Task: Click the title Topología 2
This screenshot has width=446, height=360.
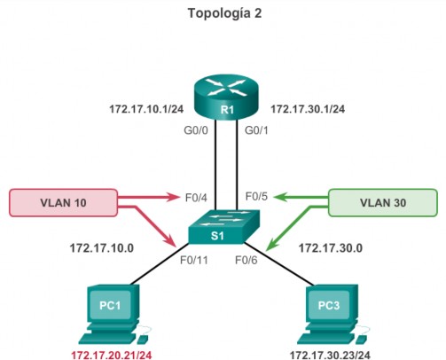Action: [x=224, y=13]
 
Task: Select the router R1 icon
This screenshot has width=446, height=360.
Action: [x=226, y=98]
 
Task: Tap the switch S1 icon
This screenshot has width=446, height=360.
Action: [x=224, y=227]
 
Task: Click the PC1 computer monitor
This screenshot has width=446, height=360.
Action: [x=111, y=304]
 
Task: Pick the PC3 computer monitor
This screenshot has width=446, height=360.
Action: [x=329, y=304]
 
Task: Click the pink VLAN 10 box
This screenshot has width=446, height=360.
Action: [x=63, y=203]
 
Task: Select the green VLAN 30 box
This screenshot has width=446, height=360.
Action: [x=383, y=203]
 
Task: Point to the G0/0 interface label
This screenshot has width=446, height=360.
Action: [x=196, y=130]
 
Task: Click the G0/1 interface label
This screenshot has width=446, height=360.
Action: [x=256, y=130]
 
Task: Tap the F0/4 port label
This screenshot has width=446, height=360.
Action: [x=196, y=198]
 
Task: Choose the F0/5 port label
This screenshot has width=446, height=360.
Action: [x=256, y=196]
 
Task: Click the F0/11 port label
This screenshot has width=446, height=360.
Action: [x=194, y=260]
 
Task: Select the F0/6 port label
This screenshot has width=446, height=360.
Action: [x=246, y=260]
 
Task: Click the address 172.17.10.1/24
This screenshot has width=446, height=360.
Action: [x=146, y=109]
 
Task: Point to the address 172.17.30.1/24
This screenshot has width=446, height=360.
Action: [x=308, y=109]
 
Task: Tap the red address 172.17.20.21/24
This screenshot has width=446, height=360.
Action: [x=112, y=355]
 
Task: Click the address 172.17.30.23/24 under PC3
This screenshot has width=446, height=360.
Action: [x=330, y=355]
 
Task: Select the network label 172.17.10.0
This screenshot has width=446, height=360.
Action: [x=102, y=248]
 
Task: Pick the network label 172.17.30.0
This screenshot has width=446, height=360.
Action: [x=331, y=248]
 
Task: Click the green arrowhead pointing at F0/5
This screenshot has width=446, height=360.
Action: [x=279, y=197]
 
